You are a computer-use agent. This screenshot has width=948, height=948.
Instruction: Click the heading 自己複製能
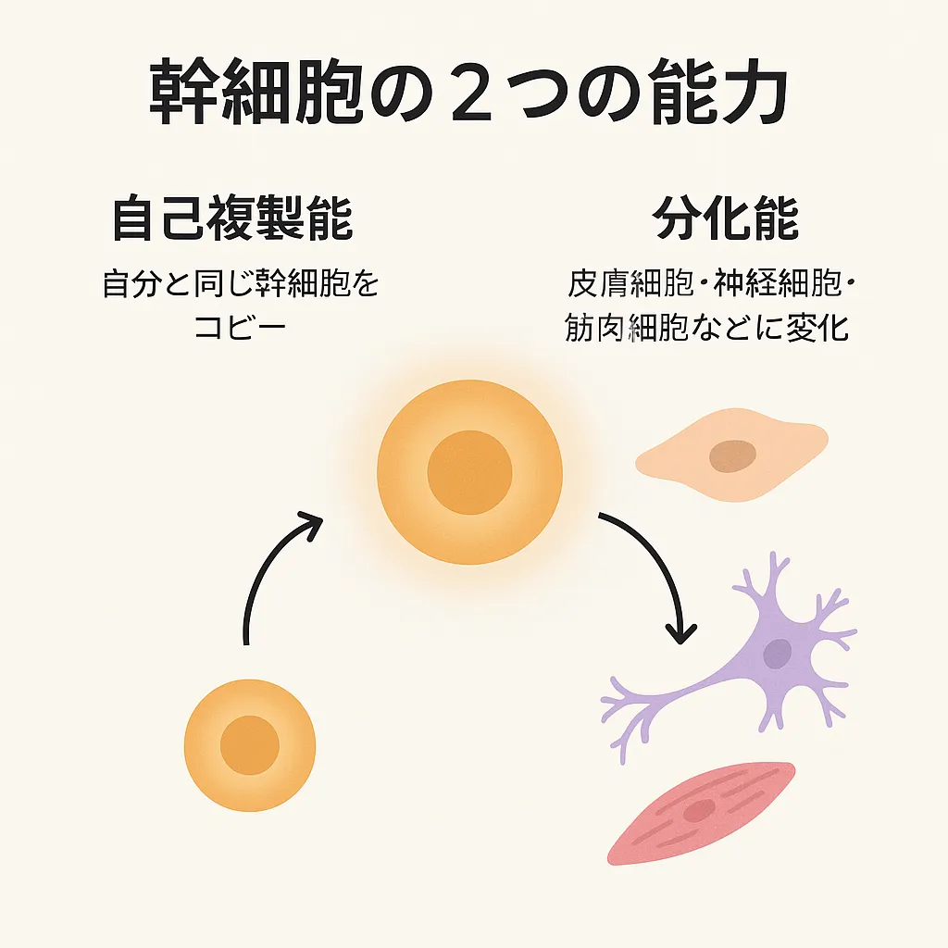click(x=231, y=220)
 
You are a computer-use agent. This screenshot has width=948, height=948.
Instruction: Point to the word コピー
click(x=240, y=329)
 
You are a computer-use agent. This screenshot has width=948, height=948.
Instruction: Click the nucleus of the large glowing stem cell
click(x=469, y=472)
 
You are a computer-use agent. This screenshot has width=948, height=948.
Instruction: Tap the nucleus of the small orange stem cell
click(x=250, y=745)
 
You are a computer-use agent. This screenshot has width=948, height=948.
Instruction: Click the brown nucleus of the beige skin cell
click(x=732, y=455)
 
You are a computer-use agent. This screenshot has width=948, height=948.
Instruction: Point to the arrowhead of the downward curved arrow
click(x=682, y=632)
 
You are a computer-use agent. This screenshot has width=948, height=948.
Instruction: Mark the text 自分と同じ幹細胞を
click(x=241, y=284)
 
